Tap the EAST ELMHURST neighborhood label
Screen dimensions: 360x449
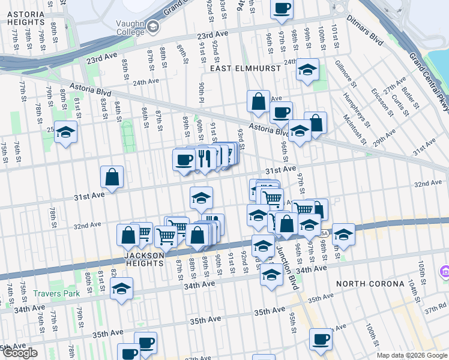point(246,68)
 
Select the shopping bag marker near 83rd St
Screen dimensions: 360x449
point(112,177)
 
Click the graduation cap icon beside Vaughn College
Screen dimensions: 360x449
point(152,26)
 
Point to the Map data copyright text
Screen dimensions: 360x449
point(411,355)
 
